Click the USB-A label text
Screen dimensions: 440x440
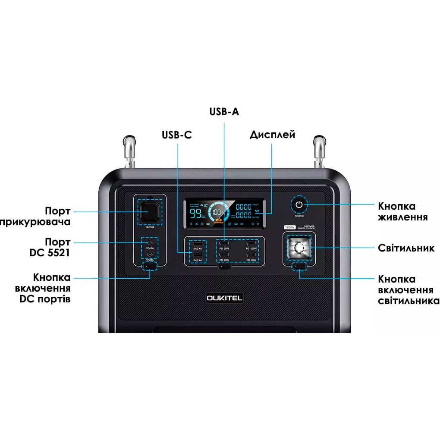coord(224,112)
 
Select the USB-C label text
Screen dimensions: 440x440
coord(177,135)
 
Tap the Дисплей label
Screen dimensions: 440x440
coord(272,135)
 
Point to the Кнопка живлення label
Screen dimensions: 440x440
coord(402,211)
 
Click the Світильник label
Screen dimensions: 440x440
coord(406,248)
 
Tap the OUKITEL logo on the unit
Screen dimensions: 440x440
coord(224,298)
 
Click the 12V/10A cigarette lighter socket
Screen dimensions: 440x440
coord(150,212)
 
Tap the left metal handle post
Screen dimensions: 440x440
coord(129,152)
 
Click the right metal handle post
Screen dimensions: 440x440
coord(319,152)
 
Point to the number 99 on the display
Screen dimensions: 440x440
coord(196,214)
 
